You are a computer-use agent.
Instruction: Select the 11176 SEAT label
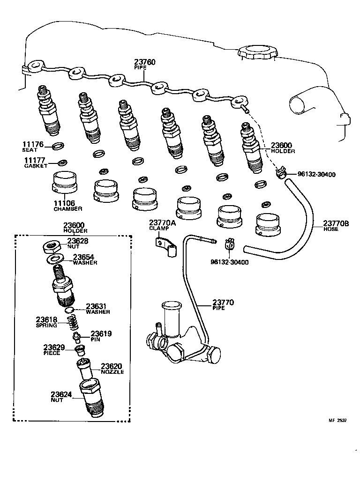tap(33, 147)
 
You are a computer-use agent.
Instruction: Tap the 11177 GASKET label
tap(36, 163)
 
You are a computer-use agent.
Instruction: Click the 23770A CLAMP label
tap(162, 225)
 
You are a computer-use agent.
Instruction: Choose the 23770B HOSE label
tap(336, 226)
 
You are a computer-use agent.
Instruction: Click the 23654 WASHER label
tap(85, 259)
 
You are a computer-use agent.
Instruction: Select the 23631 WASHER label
tap(97, 309)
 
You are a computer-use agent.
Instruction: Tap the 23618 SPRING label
tap(46, 322)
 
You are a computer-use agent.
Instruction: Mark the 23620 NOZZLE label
tap(112, 368)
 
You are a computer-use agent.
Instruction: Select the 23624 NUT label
tap(61, 397)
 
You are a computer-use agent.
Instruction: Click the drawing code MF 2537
tap(337, 421)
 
